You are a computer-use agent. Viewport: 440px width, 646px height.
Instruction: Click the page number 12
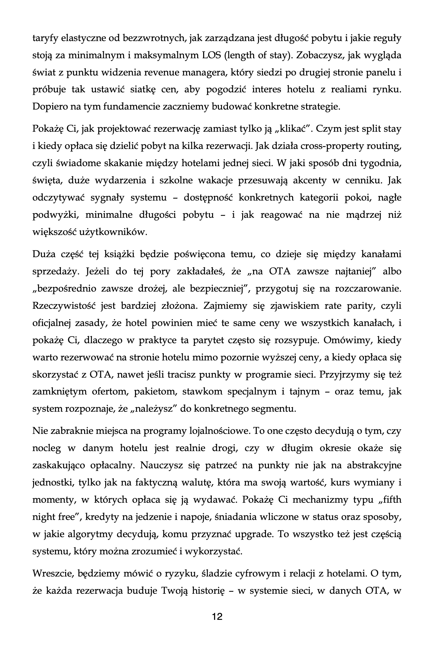tap(217, 617)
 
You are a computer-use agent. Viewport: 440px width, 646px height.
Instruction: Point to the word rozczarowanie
tap(368, 288)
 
